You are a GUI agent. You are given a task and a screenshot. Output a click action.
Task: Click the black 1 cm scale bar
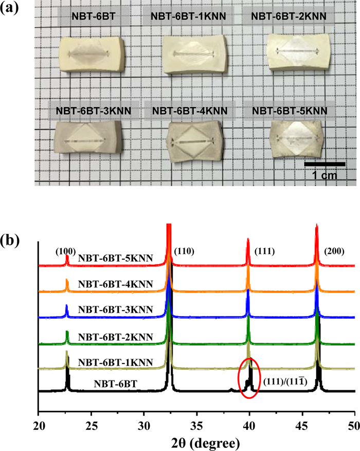pos(325,164)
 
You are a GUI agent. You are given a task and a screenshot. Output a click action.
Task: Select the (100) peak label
pos(66,251)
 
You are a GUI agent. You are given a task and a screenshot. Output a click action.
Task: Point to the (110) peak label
pos(184,251)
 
